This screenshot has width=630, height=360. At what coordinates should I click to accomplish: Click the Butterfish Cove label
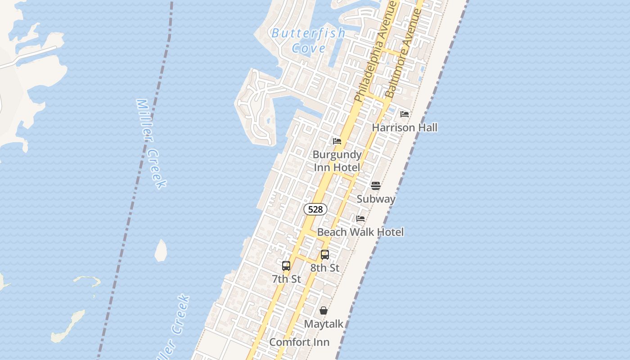coord(308,40)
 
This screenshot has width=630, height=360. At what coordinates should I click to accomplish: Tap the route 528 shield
coord(315,209)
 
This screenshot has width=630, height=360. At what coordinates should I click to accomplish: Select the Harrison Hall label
coord(405,128)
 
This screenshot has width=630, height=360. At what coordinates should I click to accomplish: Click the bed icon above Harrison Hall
coord(405,114)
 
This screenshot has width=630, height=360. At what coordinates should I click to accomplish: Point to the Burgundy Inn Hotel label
coord(337,161)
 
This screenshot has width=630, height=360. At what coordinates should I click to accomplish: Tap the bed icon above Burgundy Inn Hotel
coord(337,141)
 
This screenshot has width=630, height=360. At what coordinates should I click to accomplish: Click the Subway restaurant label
coord(376,199)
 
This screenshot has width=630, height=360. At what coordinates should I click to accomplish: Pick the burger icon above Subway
coord(376,186)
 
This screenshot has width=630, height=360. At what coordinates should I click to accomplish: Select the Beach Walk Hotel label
coord(360,232)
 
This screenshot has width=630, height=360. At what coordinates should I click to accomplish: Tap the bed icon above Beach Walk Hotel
coord(360,219)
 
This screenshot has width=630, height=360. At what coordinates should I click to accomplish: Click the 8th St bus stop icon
coord(325,255)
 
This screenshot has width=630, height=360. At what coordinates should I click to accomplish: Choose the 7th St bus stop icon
coord(286,266)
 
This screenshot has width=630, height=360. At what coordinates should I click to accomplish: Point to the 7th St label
coord(286,279)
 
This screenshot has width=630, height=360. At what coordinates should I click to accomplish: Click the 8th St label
coord(325,268)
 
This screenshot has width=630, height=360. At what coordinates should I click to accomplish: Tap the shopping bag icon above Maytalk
coord(324,310)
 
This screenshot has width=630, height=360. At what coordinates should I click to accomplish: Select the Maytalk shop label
coord(324,324)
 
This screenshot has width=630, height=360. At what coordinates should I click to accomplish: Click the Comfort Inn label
coord(299,342)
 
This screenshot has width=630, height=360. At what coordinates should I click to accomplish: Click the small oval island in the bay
coord(161,251)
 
